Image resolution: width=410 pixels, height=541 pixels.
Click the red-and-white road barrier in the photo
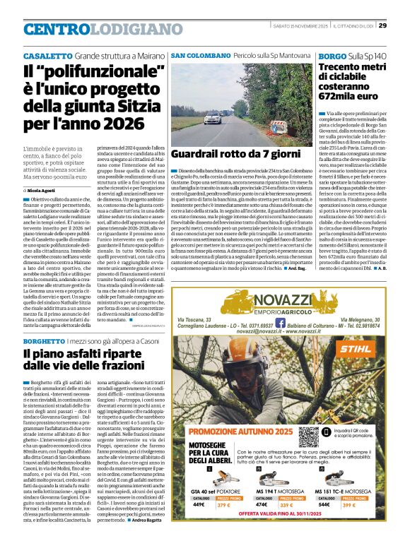pyautogui.click(x=278, y=127)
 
